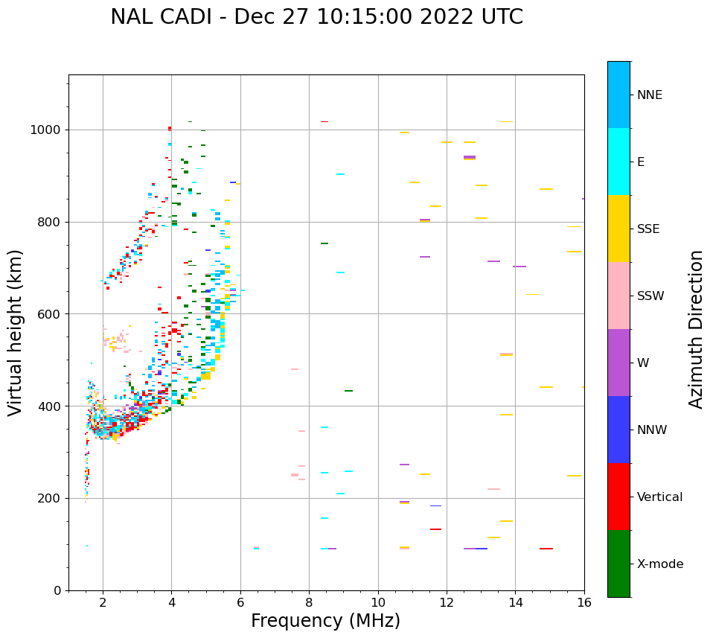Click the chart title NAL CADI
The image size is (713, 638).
point(316,17)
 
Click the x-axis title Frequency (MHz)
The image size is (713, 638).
point(325,621)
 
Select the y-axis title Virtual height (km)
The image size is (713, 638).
point(16,333)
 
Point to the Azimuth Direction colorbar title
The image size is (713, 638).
point(696,329)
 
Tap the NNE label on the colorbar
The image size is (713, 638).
point(649,95)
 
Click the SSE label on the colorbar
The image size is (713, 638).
point(648,229)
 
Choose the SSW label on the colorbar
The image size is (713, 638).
point(650,296)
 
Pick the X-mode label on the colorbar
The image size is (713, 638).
point(659,564)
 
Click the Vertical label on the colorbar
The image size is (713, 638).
point(659,497)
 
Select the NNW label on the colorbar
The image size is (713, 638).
point(651,430)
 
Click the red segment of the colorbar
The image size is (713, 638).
point(618,497)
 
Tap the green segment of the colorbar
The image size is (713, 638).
point(618,564)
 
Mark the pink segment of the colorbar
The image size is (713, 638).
point(618,296)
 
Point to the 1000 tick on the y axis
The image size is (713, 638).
point(47,130)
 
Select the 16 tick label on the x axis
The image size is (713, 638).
point(584,602)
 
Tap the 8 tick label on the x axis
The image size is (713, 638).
point(309,602)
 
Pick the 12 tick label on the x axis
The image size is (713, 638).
point(447,602)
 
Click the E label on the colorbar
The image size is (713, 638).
point(641,162)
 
